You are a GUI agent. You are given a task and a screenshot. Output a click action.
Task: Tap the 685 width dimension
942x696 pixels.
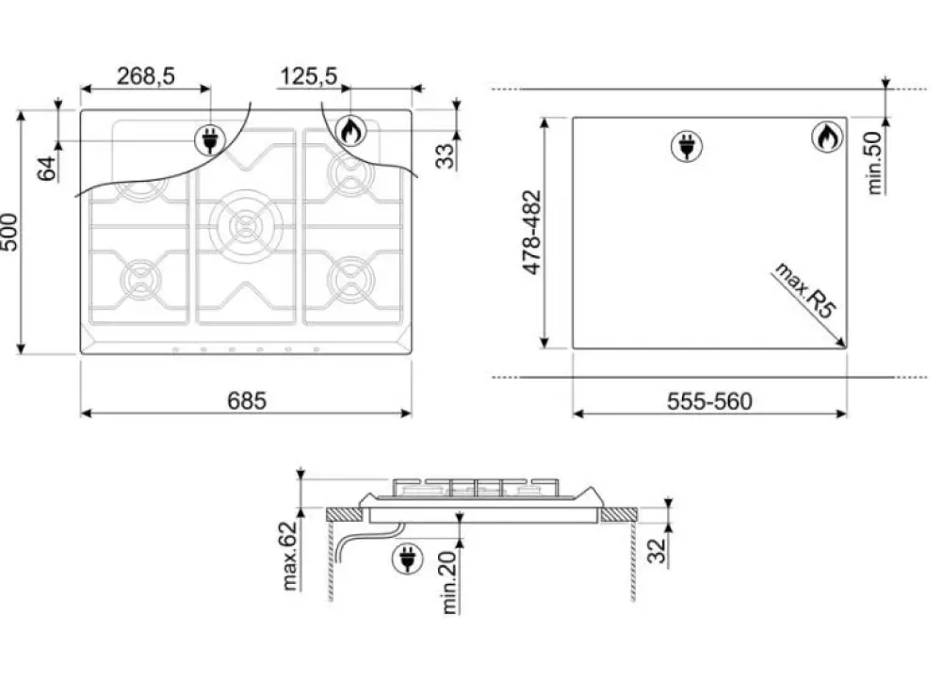(246, 400)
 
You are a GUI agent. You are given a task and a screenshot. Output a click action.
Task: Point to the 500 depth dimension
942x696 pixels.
(10, 232)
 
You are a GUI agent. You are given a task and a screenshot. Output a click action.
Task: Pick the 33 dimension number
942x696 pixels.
(447, 152)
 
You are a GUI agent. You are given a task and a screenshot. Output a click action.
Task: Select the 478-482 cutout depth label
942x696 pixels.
(532, 233)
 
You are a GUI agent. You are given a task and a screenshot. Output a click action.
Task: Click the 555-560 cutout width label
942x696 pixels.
(709, 401)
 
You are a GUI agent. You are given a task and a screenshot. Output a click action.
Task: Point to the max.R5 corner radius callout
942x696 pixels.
(806, 291)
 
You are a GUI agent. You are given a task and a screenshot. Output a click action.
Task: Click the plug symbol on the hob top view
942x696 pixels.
(209, 141)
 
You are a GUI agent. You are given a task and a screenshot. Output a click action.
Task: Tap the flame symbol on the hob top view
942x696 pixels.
(350, 132)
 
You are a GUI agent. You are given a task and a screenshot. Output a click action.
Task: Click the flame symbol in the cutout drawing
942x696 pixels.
(826, 138)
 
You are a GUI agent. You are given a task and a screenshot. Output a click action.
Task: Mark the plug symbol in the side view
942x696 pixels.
(407, 559)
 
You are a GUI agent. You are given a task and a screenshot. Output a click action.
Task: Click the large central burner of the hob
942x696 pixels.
(246, 224)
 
